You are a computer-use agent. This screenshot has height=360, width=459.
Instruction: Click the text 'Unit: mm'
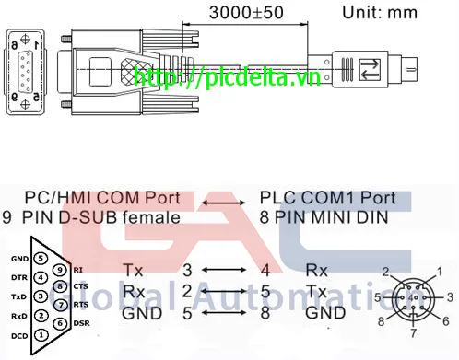[x=379, y=13]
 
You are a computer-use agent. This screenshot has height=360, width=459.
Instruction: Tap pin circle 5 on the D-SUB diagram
[x=41, y=260]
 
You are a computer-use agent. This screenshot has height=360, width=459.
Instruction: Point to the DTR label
[x=19, y=278]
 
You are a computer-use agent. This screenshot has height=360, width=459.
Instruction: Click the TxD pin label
[x=19, y=296]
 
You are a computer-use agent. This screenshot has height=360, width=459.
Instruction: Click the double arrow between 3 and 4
[x=227, y=271]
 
